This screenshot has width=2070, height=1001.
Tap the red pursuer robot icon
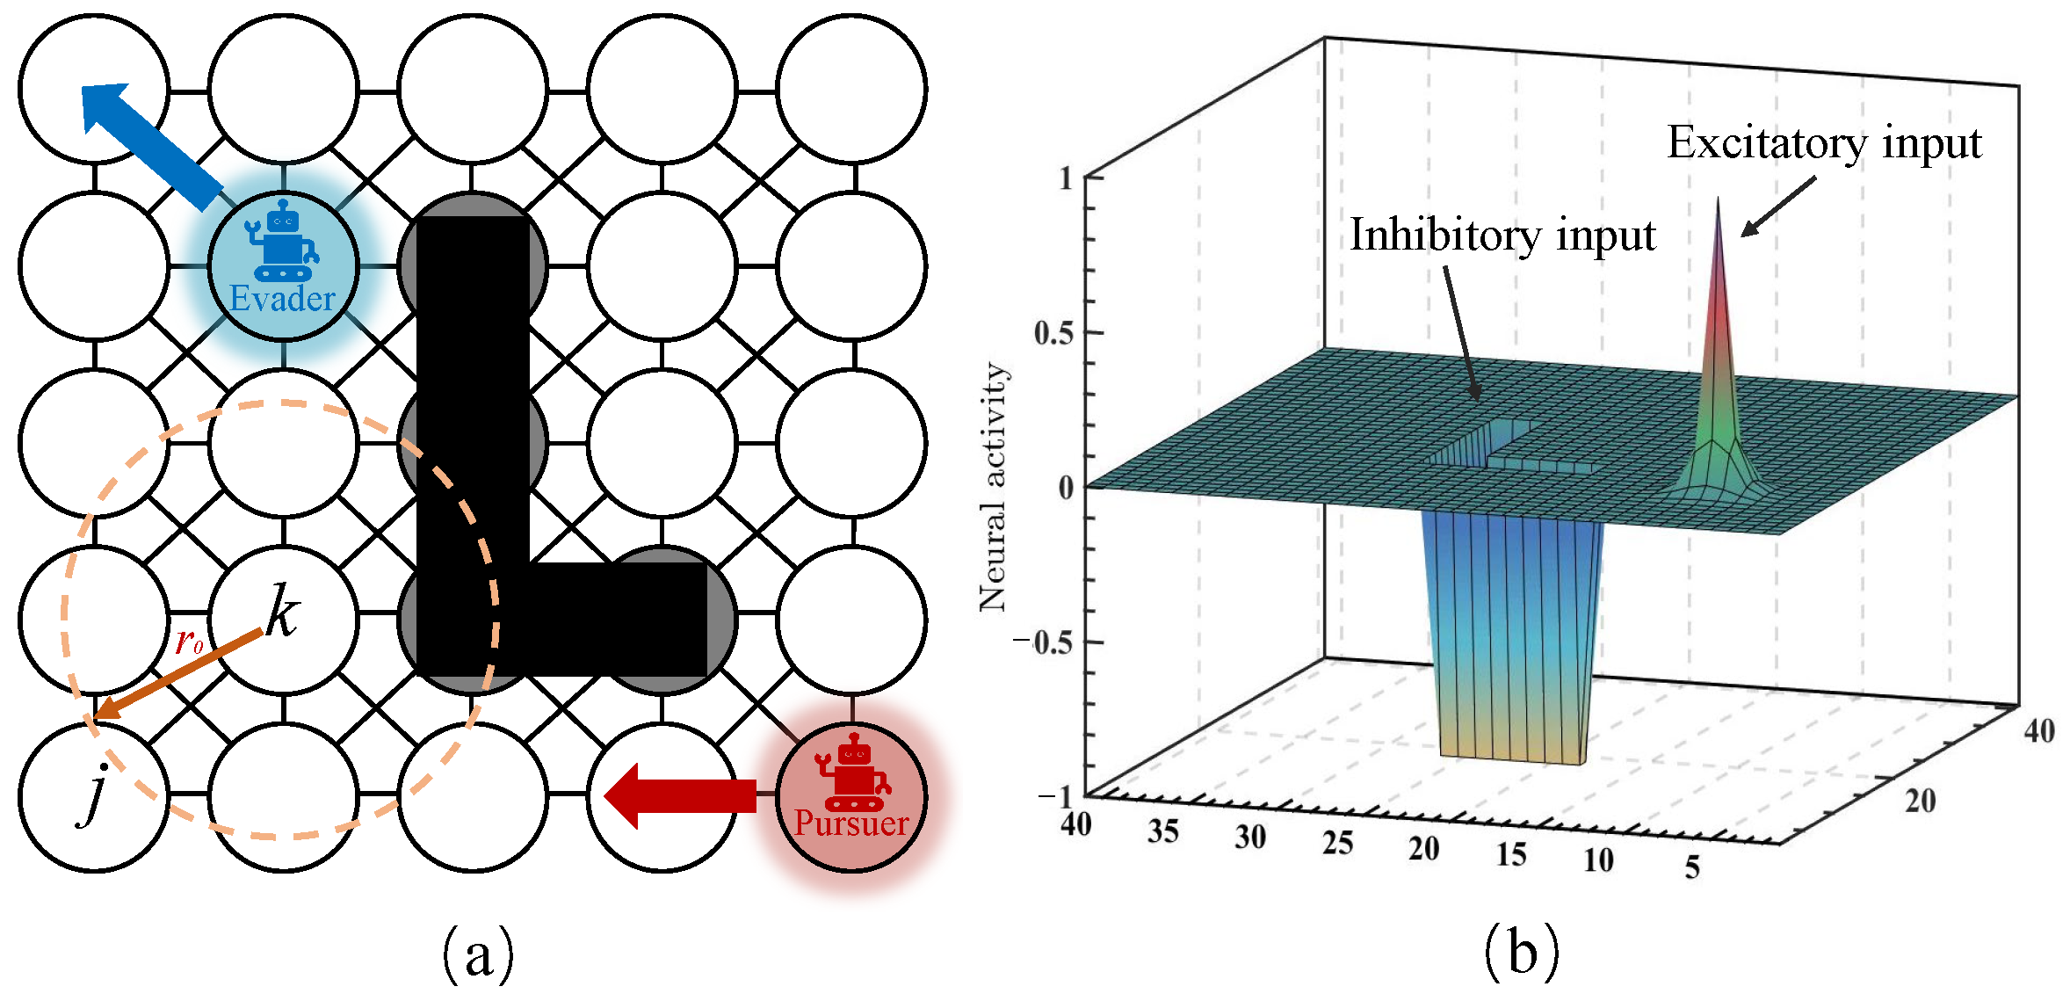point(851,772)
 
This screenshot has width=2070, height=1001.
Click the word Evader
point(282,299)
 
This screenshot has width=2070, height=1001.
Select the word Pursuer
point(850,823)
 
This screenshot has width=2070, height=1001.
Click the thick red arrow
point(680,795)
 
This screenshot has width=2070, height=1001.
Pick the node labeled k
point(283,611)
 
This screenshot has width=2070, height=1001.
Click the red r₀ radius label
point(189,642)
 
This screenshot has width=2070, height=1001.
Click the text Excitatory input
point(1824,143)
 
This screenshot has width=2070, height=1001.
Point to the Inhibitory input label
point(1502,236)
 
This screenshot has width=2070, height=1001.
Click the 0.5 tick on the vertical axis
point(1053,334)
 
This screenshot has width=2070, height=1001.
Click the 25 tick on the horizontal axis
point(1337,844)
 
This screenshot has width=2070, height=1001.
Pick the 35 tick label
point(1162,831)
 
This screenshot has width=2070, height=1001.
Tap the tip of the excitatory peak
point(1718,200)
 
